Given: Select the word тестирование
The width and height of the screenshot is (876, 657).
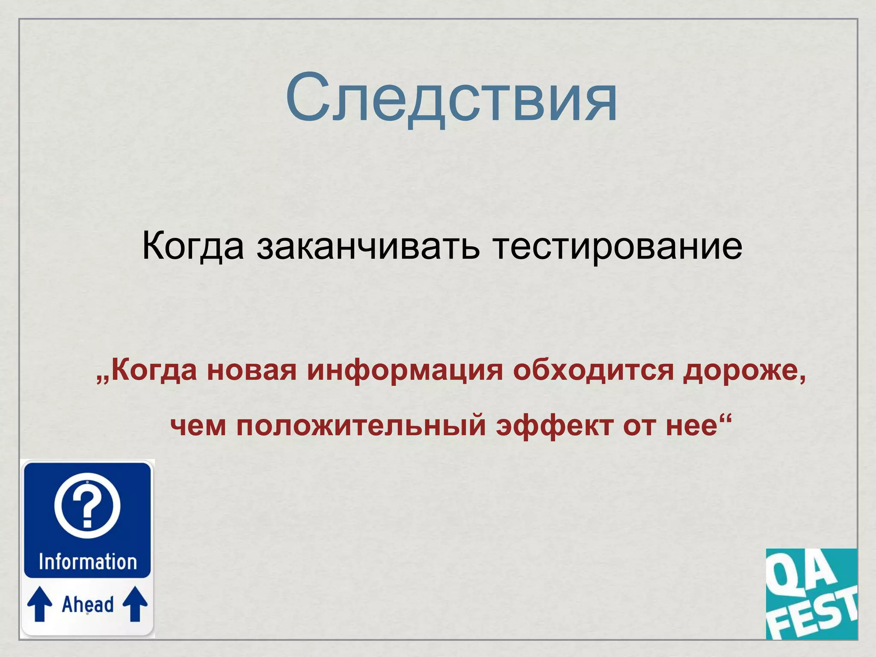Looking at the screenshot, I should pos(617,247).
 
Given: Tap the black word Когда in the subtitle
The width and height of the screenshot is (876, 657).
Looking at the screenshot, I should pos(192,247).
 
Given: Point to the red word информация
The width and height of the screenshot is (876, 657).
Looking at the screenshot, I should pos(405,370).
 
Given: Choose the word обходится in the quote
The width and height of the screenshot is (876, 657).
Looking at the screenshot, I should pos(593,370).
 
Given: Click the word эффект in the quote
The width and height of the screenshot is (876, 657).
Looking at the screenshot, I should pos(554,426).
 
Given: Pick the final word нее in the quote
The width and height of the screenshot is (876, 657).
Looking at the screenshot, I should pos(691,426).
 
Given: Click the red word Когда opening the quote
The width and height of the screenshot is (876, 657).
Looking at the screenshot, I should pos(154,370).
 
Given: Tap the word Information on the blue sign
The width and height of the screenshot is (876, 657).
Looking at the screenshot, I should pos(88,562).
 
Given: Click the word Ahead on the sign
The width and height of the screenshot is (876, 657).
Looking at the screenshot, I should pos(88,604).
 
